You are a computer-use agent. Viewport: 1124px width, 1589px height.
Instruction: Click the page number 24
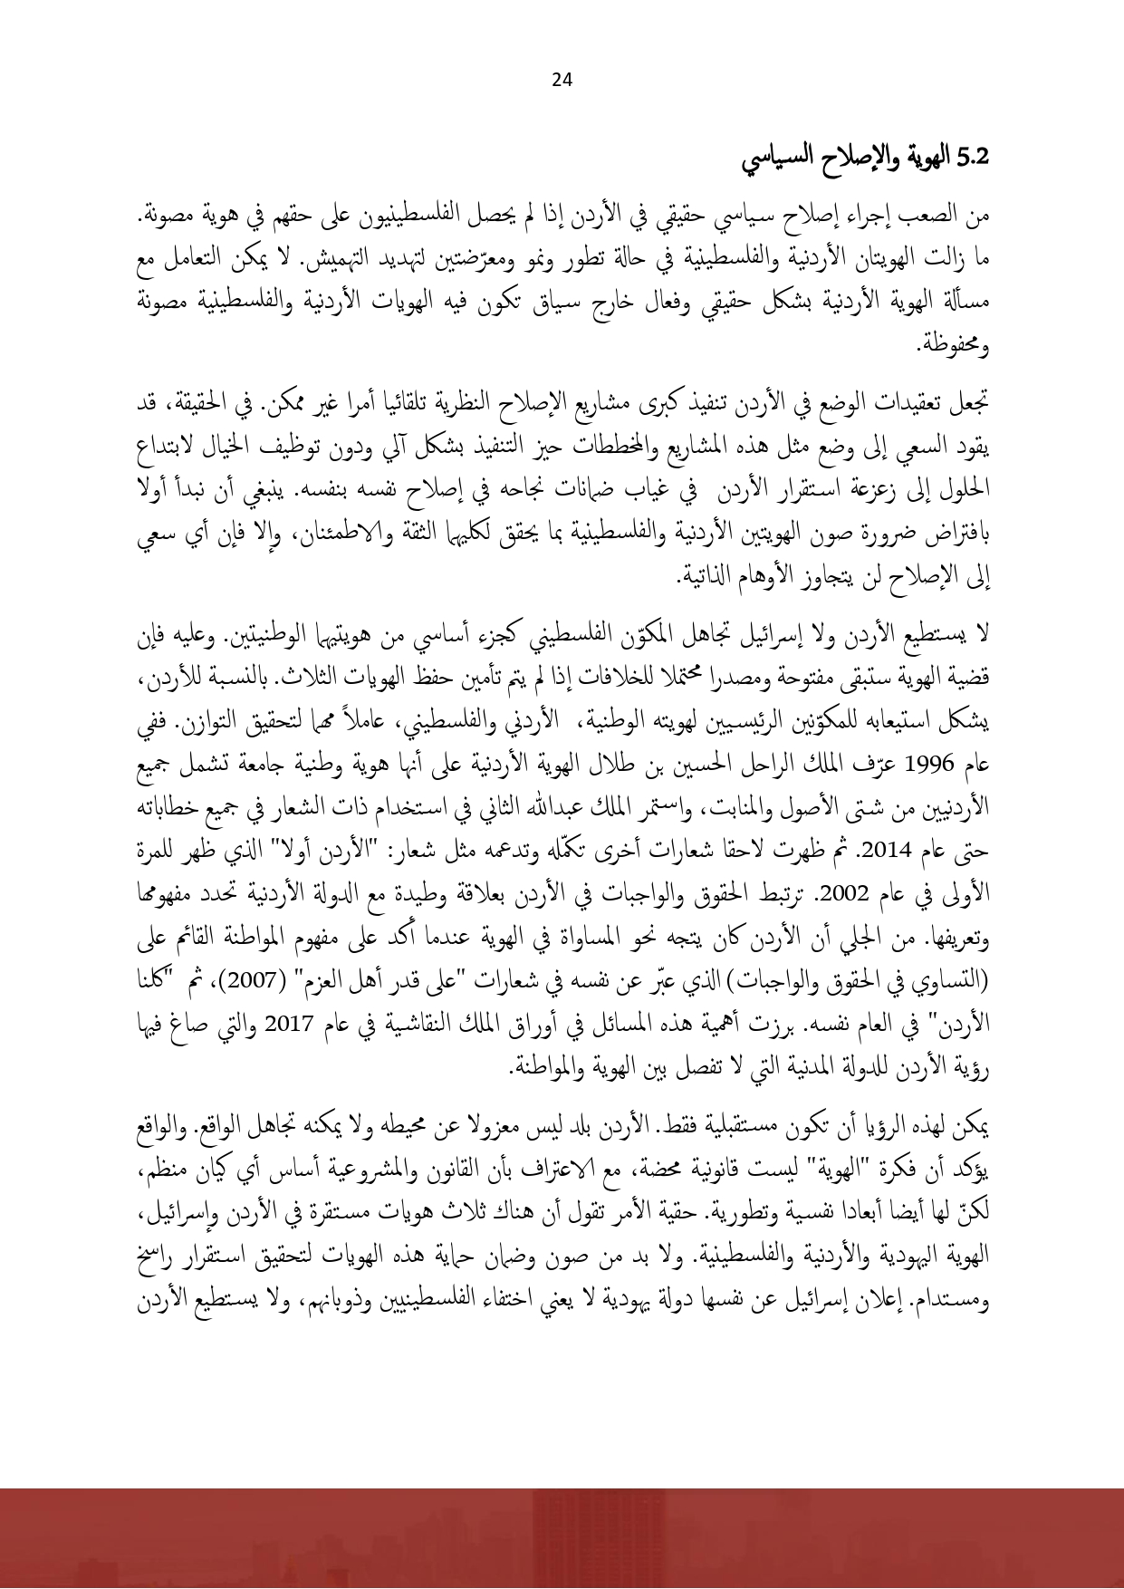562,81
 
